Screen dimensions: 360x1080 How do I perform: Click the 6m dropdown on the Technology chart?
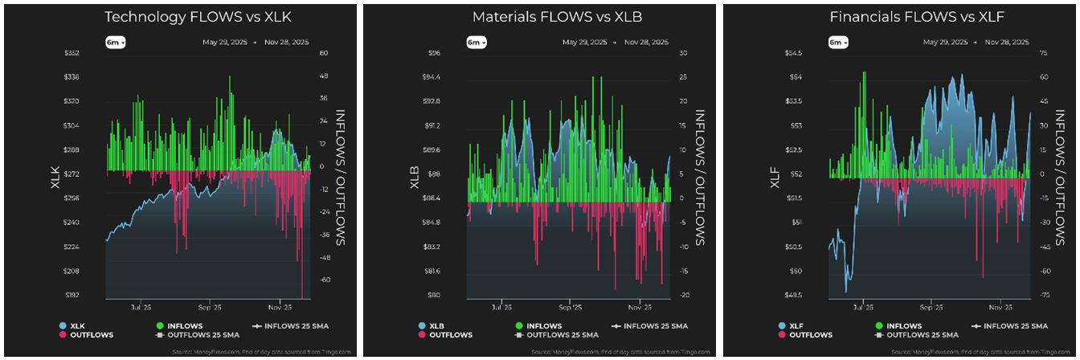pyautogui.click(x=116, y=43)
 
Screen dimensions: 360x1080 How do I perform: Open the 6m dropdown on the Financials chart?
pyautogui.click(x=837, y=43)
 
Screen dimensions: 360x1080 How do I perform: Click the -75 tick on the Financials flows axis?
pyautogui.click(x=1043, y=295)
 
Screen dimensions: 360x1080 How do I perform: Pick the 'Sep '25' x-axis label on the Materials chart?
pyautogui.click(x=569, y=307)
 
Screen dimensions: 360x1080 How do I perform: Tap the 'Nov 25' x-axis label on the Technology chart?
pyautogui.click(x=279, y=307)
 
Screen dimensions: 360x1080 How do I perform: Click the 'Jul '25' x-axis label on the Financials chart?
pyautogui.click(x=864, y=307)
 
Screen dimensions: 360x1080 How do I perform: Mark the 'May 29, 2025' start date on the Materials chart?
pyautogui.click(x=584, y=42)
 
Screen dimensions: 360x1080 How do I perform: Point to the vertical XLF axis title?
pyautogui.click(x=775, y=174)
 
